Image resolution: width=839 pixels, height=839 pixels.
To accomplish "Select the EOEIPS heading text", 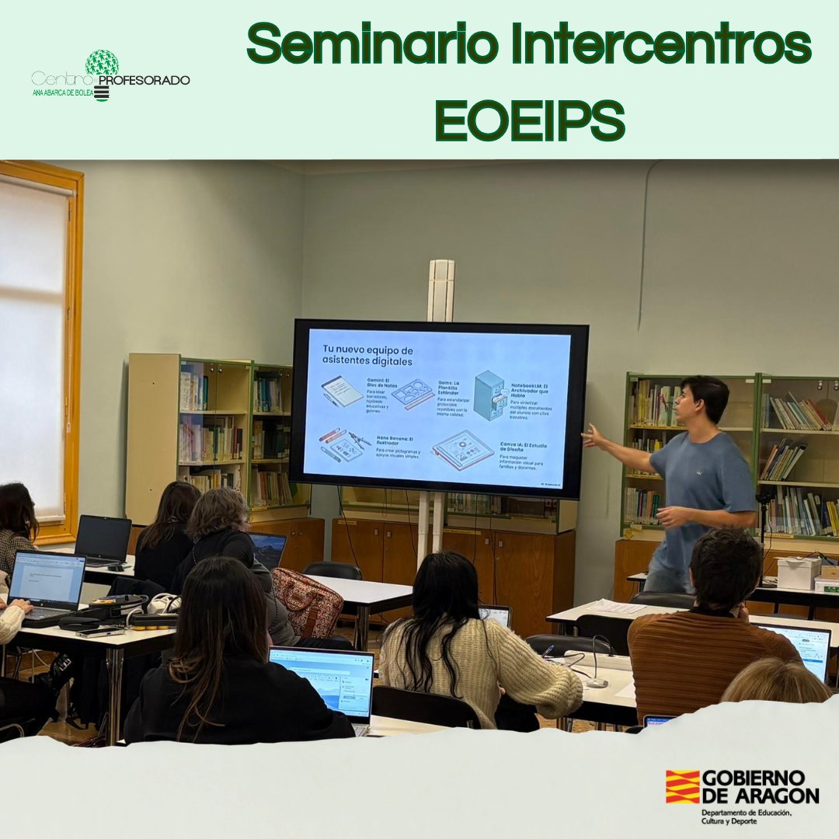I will point(530,120).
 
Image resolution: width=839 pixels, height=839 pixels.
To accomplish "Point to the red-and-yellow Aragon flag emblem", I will point(682,786).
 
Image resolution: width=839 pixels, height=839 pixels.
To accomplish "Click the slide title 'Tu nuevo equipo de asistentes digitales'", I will point(367,355).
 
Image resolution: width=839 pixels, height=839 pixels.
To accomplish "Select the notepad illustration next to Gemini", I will point(342,391).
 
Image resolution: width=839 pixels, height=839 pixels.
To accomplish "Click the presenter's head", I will point(702,401).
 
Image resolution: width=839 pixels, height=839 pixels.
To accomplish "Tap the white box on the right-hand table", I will point(799,573).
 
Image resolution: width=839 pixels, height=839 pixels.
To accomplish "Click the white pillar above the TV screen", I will point(440,290).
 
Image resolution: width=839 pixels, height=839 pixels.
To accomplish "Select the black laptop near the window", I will point(103,539).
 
